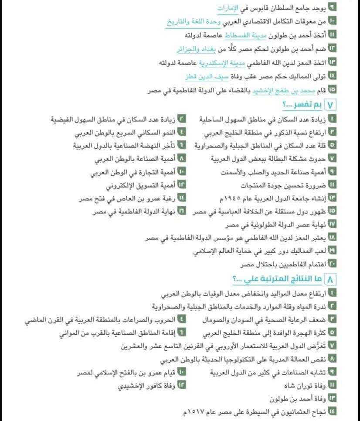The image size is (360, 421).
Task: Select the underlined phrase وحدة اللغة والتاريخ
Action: [x=192, y=21]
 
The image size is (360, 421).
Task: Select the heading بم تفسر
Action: [x=307, y=105]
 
